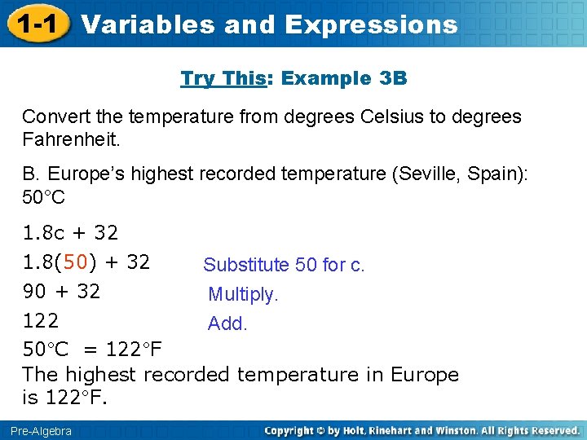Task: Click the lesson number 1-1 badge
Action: coord(34,23)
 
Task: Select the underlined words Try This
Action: coord(218,79)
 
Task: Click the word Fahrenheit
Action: coord(71,139)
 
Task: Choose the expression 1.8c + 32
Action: coord(70,233)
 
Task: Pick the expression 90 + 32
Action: coord(61,292)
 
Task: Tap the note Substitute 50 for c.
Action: coord(284,265)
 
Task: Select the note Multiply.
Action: coord(243,294)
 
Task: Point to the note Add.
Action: coord(227,323)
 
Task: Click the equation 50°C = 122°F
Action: coord(91,350)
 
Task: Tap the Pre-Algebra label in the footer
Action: coord(41,431)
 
